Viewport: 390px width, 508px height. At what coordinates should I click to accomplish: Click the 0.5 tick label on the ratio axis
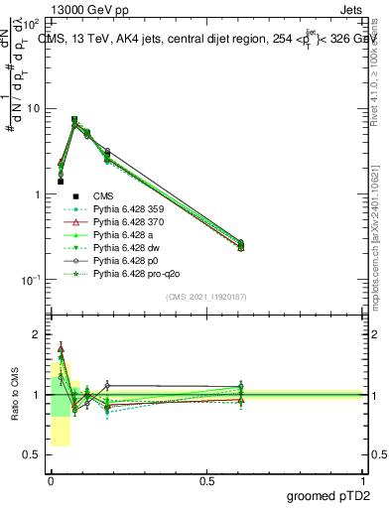[32, 454]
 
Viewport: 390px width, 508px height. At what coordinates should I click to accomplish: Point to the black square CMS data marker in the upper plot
[61, 182]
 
